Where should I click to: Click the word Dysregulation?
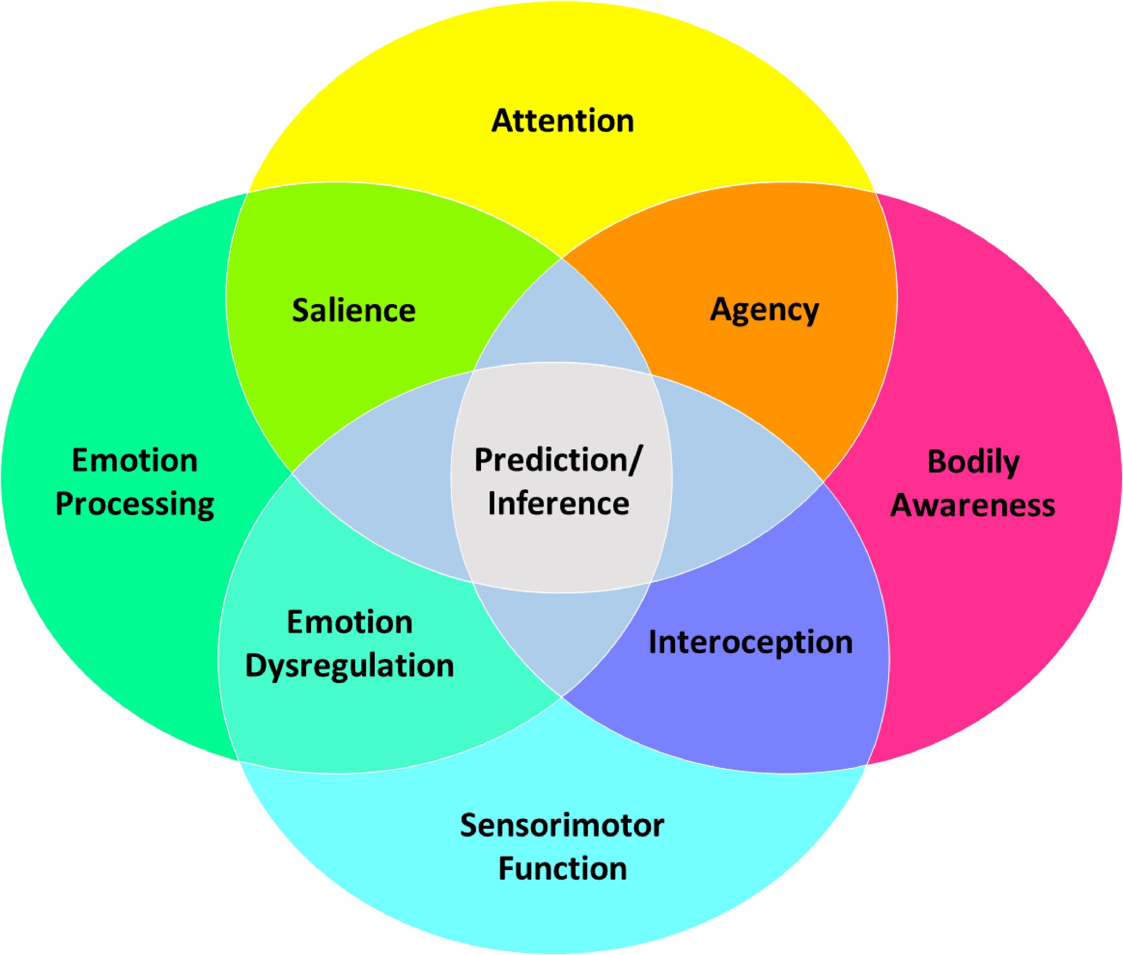(x=349, y=666)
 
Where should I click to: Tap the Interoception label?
(x=750, y=643)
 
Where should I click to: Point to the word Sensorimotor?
(x=562, y=826)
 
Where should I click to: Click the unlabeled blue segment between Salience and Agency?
(x=562, y=319)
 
